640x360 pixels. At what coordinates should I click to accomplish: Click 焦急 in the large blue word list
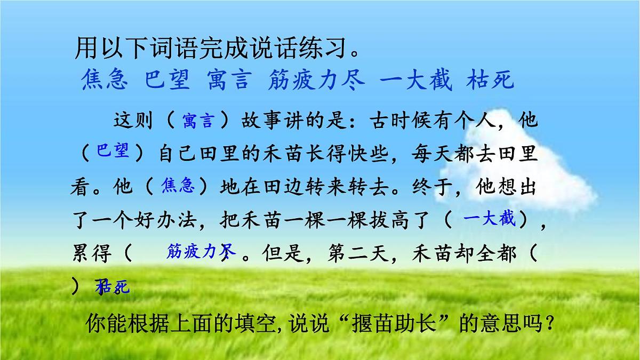coord(105,80)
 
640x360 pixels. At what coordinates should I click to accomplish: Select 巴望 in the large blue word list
coord(167,80)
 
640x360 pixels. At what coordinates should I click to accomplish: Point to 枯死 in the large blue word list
coord(490,80)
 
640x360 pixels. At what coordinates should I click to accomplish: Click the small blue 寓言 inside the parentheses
coord(197,122)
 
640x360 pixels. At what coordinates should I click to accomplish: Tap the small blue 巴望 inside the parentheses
coord(113,151)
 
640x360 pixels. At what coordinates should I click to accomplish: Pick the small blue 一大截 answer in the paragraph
coord(490,219)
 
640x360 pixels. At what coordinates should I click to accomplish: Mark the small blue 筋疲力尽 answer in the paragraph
coord(201,252)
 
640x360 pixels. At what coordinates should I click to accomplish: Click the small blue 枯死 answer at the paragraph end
coord(113,288)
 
